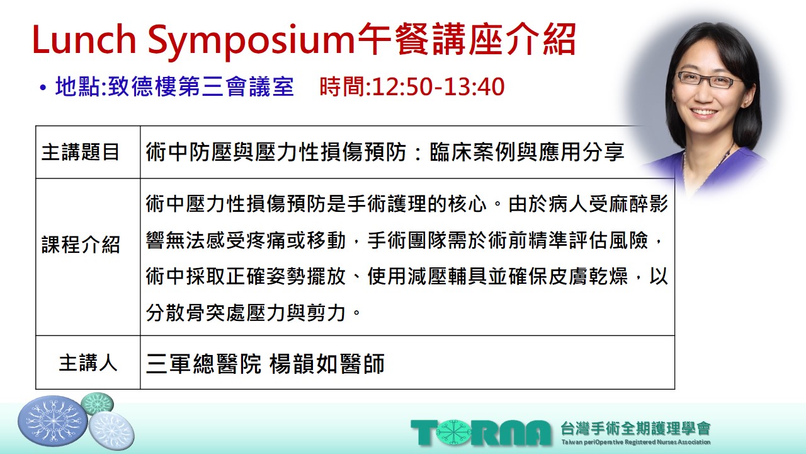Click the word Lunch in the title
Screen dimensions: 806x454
coord(84,40)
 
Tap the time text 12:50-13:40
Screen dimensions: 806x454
coord(438,87)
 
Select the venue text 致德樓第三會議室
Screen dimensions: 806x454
coord(201,87)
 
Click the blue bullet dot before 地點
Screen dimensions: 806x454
coord(43,88)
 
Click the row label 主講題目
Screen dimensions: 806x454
coord(80,152)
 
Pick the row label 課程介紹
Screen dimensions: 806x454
coord(80,245)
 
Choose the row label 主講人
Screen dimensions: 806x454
coord(88,363)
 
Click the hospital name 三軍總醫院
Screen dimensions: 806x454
coord(203,363)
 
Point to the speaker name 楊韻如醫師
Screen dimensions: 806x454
coord(327,363)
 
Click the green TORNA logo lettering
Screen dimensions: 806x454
coord(481,433)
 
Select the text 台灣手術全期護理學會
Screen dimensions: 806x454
coord(635,428)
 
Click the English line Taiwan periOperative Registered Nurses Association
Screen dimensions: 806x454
coord(636,442)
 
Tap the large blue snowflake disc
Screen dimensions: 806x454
coord(52,421)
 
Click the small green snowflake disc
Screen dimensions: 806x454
coord(97,403)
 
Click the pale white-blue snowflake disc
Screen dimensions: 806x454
coord(111,431)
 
